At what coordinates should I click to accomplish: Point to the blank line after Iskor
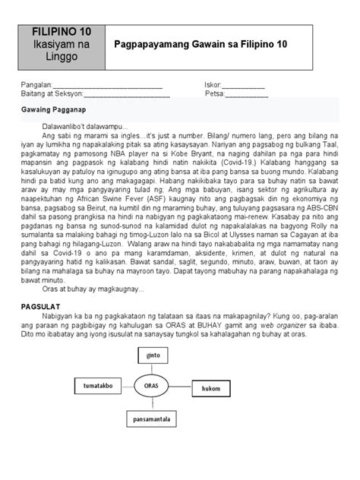tap(244, 86)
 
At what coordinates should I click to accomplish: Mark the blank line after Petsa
tap(247, 96)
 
